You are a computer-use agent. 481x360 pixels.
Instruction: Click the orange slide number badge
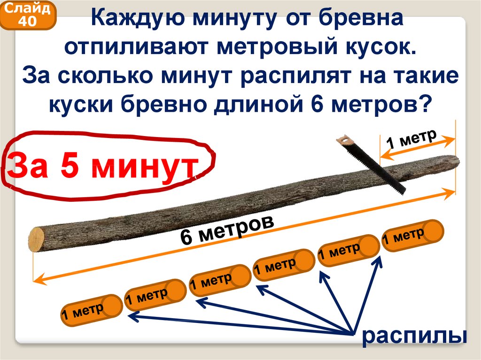tap(28, 15)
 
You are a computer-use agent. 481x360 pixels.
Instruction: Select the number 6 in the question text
tap(319, 104)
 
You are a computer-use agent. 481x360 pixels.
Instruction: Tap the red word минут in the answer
tap(144, 168)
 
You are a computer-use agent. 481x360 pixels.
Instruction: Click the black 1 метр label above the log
tap(411, 138)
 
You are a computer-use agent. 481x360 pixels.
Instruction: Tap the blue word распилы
tap(414, 336)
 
